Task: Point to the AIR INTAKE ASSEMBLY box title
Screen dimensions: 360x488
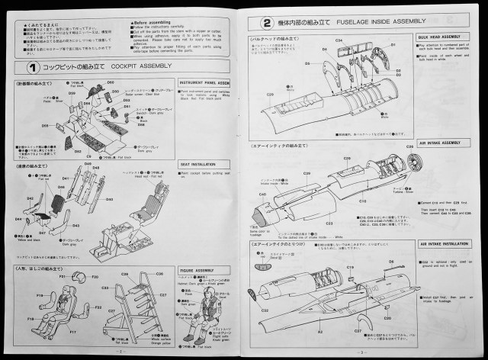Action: [440, 143]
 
